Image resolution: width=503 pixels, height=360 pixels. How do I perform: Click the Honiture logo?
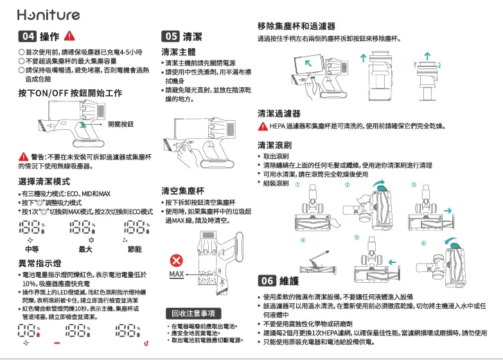[x=49, y=14]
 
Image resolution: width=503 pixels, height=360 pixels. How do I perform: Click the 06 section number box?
[x=267, y=282]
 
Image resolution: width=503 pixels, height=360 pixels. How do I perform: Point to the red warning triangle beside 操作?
[x=71, y=36]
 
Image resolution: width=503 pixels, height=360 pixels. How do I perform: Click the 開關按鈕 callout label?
[x=121, y=123]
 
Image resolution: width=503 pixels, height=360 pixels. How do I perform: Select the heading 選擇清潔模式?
[x=44, y=181]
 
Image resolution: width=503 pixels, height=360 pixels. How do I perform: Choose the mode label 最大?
[x=85, y=249]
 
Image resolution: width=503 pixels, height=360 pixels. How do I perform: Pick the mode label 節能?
[x=135, y=249]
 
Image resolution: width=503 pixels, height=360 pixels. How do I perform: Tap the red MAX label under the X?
[x=177, y=275]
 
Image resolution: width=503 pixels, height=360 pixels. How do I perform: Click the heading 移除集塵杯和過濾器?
[x=296, y=26]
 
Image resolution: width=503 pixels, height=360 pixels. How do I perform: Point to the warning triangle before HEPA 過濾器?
[x=263, y=126]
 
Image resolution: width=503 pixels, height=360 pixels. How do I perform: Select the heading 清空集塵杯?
[x=182, y=191]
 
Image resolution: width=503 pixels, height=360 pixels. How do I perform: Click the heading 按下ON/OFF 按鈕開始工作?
[x=70, y=93]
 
